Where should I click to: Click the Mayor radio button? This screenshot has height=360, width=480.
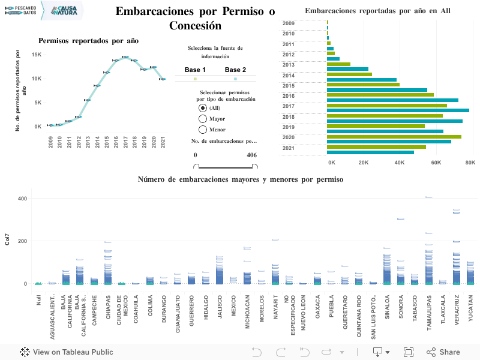point(203,119)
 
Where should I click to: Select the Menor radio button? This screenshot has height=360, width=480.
point(203,130)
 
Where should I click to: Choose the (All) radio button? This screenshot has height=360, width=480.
point(203,108)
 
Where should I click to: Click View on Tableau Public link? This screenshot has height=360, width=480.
point(67,352)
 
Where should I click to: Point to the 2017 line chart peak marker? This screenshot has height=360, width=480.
point(125,57)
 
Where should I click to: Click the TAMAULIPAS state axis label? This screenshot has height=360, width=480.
point(428,310)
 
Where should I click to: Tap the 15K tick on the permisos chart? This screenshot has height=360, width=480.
point(36,55)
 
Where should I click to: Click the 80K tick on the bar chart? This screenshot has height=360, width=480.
point(469,163)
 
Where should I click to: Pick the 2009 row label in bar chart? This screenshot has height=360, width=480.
point(288,23)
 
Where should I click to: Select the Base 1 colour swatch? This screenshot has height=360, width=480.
point(195,79)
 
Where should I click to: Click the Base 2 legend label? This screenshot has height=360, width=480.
point(235,70)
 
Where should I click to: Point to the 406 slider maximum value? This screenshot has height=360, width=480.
point(251,155)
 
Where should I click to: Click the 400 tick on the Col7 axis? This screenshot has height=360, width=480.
point(23,199)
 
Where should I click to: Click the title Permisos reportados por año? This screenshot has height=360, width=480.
point(88,41)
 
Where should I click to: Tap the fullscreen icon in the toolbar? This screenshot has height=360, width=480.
point(409,352)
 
